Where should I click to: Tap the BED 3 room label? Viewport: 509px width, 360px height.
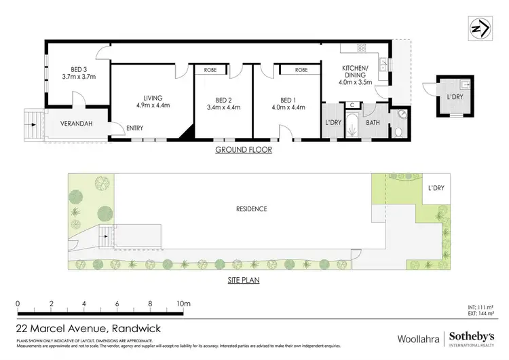(x=79, y=69)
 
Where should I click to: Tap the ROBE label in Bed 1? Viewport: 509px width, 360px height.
(x=301, y=70)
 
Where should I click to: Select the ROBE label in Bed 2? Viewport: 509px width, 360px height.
(x=211, y=70)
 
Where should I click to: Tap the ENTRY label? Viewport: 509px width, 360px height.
(x=134, y=127)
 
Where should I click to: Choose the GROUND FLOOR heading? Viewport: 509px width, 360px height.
(x=244, y=149)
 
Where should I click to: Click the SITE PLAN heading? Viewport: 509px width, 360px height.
(x=244, y=279)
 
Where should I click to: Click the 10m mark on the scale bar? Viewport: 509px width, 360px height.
(x=183, y=303)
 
